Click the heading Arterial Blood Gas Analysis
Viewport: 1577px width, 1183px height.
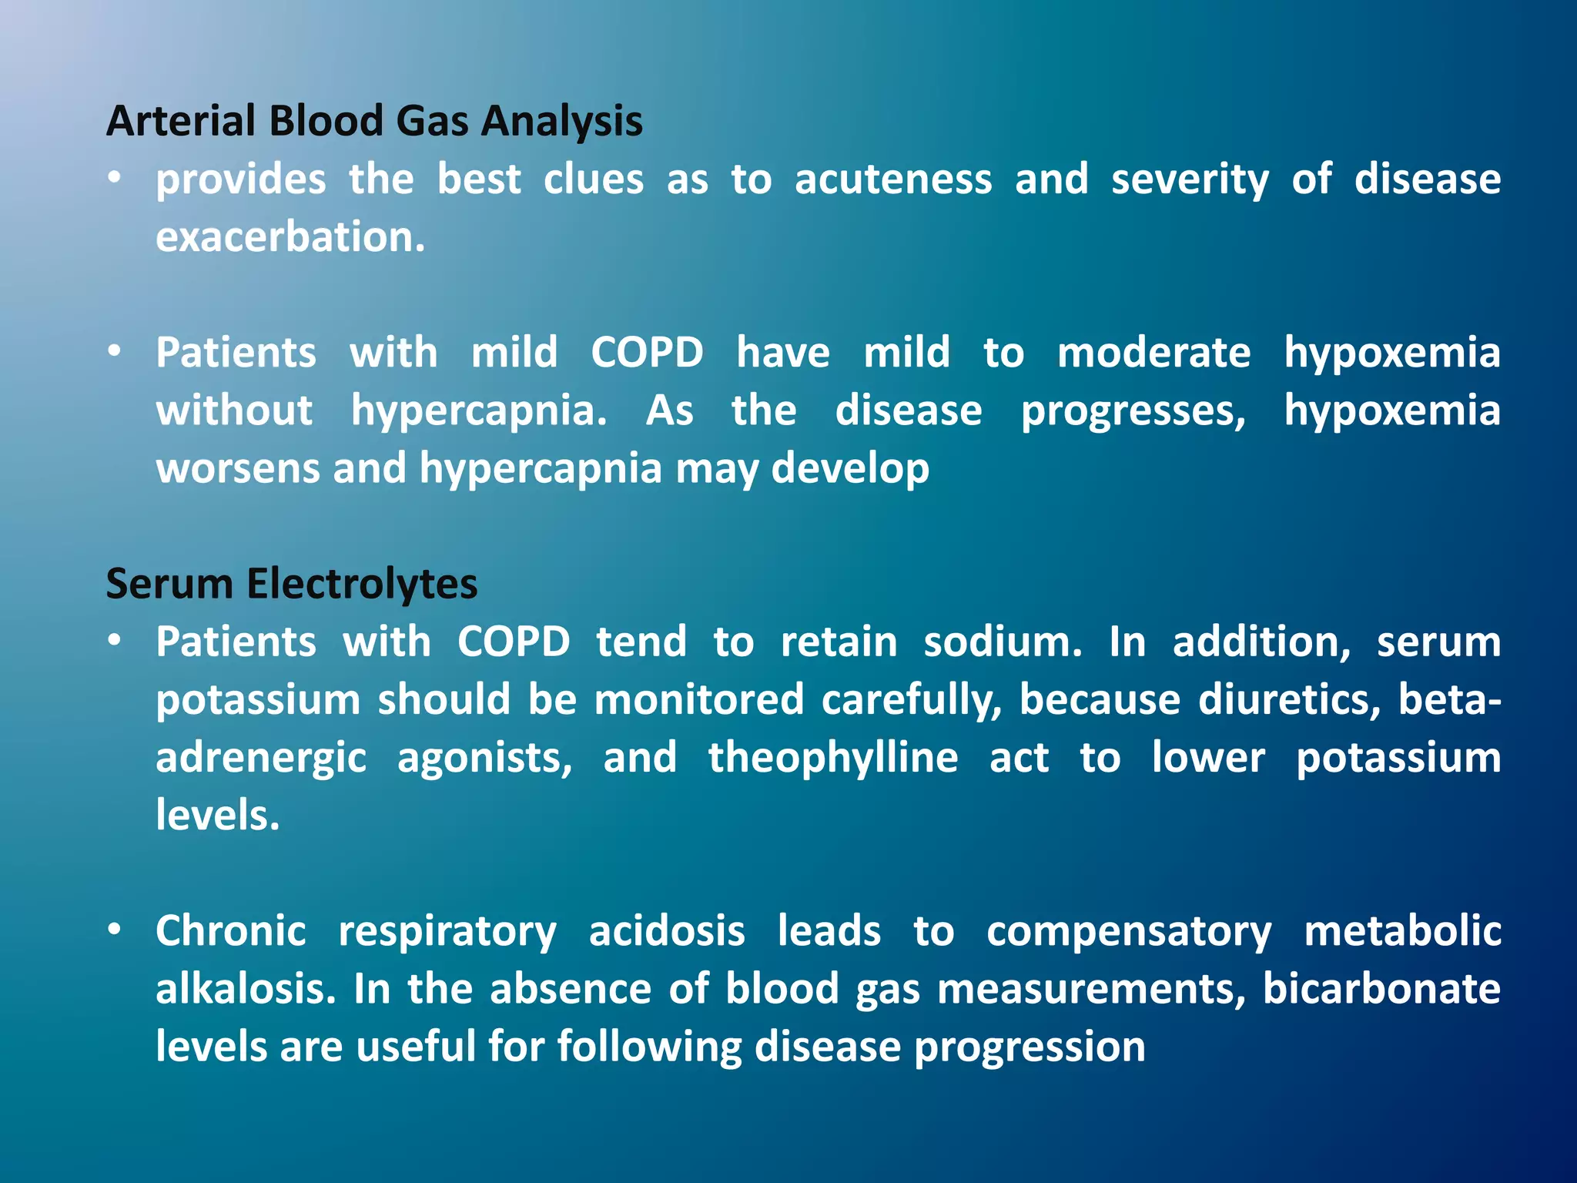pos(374,122)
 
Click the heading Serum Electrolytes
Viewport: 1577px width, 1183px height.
pos(291,584)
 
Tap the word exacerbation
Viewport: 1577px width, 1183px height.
pos(290,237)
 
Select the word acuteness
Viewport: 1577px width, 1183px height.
pos(893,180)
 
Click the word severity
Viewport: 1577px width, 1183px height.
pos(1189,180)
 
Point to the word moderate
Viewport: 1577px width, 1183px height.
pos(1153,354)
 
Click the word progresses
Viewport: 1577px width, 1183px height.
pos(1132,411)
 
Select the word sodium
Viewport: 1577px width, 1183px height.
pos(1002,642)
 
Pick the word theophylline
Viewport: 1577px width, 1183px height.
pos(832,758)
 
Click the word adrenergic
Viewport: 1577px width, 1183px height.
pos(260,758)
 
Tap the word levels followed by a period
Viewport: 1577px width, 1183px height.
pos(216,816)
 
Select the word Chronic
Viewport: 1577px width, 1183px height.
pos(230,931)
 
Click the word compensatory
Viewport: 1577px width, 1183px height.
pos(1128,931)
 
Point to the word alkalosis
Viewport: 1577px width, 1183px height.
pos(246,989)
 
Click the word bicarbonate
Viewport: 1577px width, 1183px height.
pos(1381,989)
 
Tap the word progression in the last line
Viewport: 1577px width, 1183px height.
pos(1030,1047)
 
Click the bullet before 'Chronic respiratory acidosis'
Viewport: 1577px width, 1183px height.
pos(115,930)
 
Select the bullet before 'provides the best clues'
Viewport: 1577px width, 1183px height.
pos(115,179)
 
